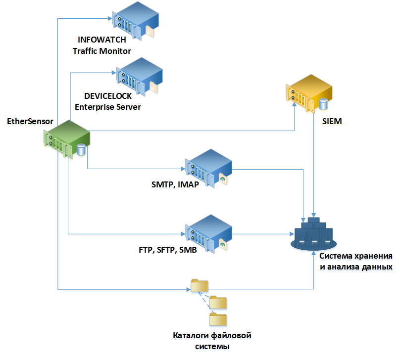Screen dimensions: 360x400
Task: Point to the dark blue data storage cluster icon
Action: pos(313,233)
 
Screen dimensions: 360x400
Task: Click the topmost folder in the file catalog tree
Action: pos(200,285)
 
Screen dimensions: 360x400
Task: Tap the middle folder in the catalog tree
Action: pos(218,302)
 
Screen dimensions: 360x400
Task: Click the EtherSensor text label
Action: pos(30,121)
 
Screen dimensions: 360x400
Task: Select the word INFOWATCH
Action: pos(102,41)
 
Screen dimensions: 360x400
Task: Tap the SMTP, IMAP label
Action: pos(175,185)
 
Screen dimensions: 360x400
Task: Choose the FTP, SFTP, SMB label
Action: pos(168,250)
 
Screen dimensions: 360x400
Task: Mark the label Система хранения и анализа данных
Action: pos(356,262)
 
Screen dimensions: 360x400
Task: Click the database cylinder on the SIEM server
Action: pos(323,104)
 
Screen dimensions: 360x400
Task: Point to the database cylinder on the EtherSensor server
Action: pos(81,149)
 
